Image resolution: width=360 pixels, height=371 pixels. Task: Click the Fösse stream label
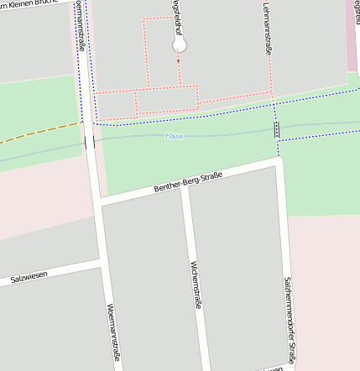(x=175, y=135)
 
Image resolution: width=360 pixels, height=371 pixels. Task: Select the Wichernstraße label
(x=196, y=285)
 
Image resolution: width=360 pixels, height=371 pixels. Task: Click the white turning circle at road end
(x=179, y=45)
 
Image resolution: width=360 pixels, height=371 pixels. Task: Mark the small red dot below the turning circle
(x=178, y=60)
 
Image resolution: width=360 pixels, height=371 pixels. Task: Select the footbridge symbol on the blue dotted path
(x=277, y=128)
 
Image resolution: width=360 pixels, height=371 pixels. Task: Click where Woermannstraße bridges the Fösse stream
(x=90, y=142)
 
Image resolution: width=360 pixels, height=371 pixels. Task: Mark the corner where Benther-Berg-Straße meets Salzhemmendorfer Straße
(x=280, y=162)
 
